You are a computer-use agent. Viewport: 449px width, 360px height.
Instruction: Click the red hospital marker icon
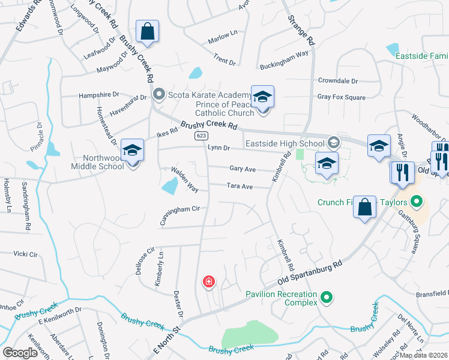209,281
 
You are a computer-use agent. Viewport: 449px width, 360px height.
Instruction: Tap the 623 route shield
200,136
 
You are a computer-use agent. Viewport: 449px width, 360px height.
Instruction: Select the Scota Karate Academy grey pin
158,94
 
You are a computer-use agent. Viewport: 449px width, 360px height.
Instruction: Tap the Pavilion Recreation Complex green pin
326,296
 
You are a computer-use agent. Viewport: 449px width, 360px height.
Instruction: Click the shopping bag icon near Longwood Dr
147,31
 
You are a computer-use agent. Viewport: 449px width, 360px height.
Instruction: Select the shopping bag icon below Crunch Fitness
365,208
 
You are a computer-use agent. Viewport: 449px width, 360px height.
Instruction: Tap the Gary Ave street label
242,169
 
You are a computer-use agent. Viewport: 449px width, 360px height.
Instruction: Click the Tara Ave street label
240,186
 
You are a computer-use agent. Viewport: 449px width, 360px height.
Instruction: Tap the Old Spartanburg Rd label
310,272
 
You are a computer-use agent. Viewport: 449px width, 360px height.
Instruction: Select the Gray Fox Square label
341,97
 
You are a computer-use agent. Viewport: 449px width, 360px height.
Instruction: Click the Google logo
20,352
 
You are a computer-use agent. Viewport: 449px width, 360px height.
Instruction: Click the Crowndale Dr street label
338,80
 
